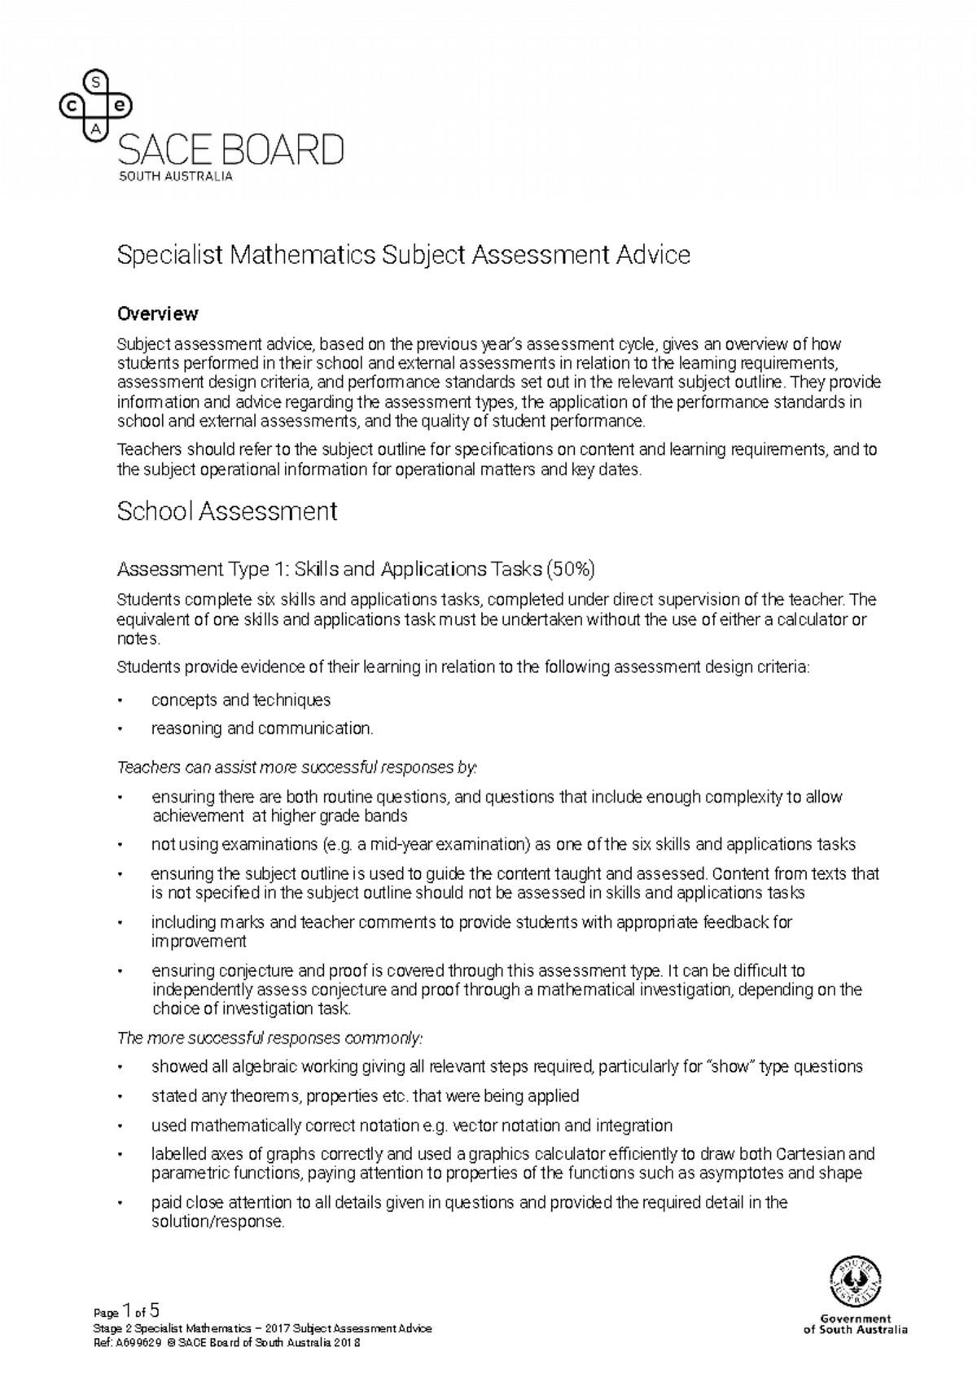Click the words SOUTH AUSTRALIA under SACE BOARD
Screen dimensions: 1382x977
pyautogui.click(x=176, y=176)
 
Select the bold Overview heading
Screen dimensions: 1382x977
pyautogui.click(x=158, y=313)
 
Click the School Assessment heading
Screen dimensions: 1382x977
pyautogui.click(x=227, y=512)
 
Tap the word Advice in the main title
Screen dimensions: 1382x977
pyautogui.click(x=652, y=256)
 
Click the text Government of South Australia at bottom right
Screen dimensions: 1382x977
pyautogui.click(x=855, y=1324)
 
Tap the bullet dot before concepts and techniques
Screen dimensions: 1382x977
pyautogui.click(x=121, y=701)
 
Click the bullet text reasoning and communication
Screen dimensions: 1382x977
pyautogui.click(x=262, y=728)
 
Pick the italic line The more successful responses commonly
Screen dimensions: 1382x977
pyautogui.click(x=271, y=1039)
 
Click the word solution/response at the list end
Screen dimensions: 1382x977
pyautogui.click(x=218, y=1222)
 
